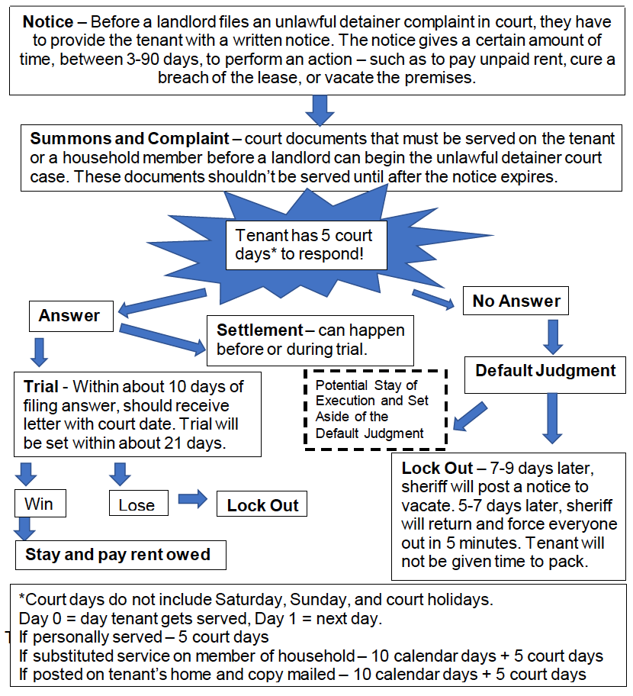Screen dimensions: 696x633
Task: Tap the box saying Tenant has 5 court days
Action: click(x=305, y=244)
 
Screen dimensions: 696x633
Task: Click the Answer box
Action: click(x=69, y=315)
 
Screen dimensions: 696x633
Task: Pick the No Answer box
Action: click(x=516, y=301)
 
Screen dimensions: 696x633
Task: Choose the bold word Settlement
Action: click(x=259, y=330)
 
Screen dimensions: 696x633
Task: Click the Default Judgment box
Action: click(x=545, y=371)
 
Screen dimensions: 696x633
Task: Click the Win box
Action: click(x=39, y=504)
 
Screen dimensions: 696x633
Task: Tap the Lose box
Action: click(x=137, y=504)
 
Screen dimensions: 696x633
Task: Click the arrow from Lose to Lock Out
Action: click(x=191, y=500)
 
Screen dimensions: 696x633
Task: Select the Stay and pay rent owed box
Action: click(x=120, y=554)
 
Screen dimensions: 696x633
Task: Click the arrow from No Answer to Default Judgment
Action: click(x=552, y=334)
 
